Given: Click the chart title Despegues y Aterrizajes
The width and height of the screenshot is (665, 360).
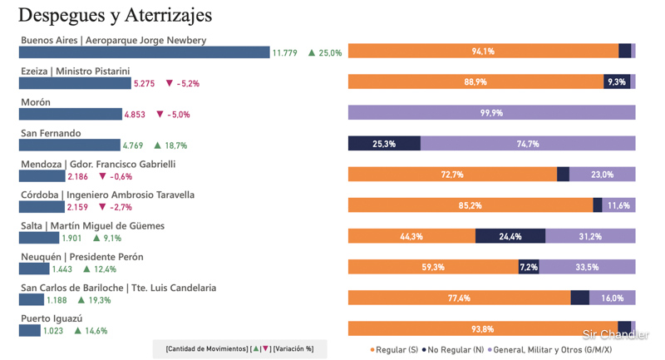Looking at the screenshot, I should pyautogui.click(x=115, y=15).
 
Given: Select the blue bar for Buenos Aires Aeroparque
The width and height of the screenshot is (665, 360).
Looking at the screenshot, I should pyautogui.click(x=145, y=52).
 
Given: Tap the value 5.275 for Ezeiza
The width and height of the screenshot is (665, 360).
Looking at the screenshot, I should pyautogui.click(x=144, y=84).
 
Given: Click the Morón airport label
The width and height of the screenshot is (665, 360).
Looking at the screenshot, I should pyautogui.click(x=36, y=102).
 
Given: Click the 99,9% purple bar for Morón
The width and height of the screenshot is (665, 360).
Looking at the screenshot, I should pyautogui.click(x=491, y=113).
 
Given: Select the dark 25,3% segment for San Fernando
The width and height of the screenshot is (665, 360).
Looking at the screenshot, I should pyautogui.click(x=384, y=144).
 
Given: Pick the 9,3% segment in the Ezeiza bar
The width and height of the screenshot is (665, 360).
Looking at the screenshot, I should pyautogui.click(x=617, y=82).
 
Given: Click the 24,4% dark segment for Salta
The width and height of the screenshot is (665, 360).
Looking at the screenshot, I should pyautogui.click(x=510, y=236).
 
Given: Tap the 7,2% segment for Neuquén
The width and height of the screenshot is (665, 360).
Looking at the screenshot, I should pyautogui.click(x=529, y=267).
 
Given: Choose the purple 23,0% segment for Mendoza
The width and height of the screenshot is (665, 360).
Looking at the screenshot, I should pyautogui.click(x=602, y=175).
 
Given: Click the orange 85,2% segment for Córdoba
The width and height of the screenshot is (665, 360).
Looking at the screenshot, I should pyautogui.click(x=470, y=205).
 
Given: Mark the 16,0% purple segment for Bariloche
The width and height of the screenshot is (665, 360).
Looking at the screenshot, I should pyautogui.click(x=612, y=298).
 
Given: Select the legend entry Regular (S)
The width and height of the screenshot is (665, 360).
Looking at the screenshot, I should pyautogui.click(x=395, y=350).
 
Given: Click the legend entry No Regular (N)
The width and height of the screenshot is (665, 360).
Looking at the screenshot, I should pyautogui.click(x=453, y=350).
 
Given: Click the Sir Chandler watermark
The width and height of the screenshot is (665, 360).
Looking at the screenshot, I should pyautogui.click(x=615, y=335).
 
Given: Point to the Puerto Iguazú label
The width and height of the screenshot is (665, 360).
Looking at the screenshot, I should pyautogui.click(x=52, y=318).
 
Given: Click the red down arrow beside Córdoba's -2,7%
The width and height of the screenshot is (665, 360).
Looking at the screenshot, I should pyautogui.click(x=103, y=207).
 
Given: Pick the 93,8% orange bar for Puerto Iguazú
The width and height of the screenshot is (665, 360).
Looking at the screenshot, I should pyautogui.click(x=482, y=328).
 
